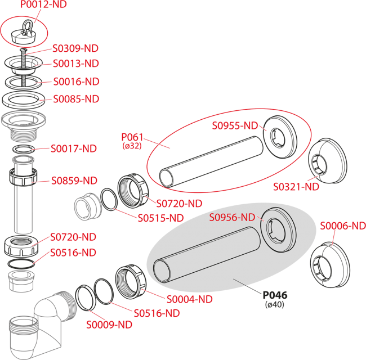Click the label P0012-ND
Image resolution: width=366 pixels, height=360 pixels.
pos(43,4)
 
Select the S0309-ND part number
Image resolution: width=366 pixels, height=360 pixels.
pos(75,48)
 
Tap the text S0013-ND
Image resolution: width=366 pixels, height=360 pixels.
pos(75,64)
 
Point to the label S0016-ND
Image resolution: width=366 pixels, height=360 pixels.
pos(76,82)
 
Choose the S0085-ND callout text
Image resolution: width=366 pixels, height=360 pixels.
pos(76,99)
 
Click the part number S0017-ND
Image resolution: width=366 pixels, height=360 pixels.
pos(74,148)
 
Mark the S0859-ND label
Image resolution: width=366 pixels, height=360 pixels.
pos(74,181)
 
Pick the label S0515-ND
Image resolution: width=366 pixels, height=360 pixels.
pos(161,218)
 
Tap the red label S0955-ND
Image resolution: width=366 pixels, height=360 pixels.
pos(235,126)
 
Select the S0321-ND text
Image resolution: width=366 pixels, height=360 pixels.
pos(296,187)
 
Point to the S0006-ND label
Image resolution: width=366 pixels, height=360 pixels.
pos(342,226)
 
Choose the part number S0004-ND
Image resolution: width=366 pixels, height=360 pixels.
pos(189,299)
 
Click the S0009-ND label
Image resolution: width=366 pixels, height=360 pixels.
pos(109,325)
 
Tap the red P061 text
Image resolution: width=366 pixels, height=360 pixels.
pos(133,137)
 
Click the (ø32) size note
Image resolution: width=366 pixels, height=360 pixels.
pos(133,146)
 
